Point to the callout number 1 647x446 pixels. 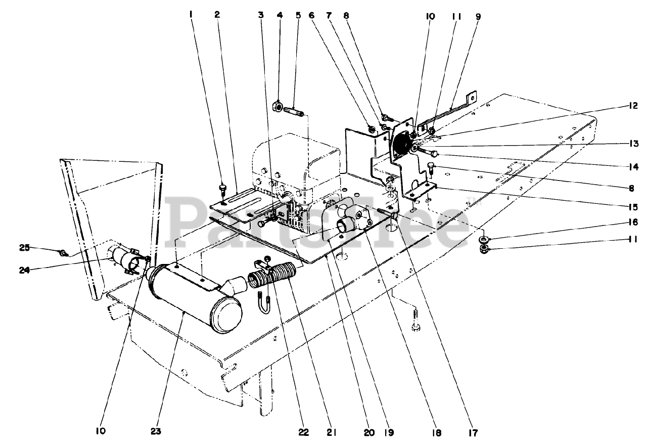point(192,15)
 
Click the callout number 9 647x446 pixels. point(478,16)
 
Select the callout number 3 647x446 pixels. point(261,15)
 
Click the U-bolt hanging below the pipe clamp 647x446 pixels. point(263,305)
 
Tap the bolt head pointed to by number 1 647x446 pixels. point(222,189)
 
